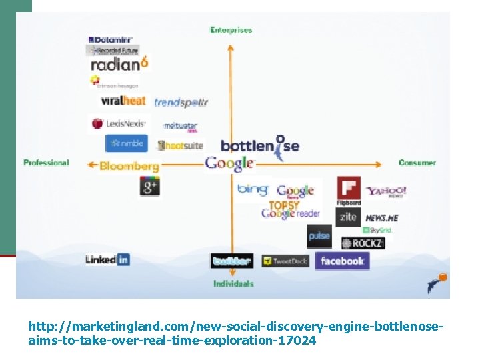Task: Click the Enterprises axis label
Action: (231, 30)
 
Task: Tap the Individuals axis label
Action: (233, 283)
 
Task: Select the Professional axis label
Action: (46, 163)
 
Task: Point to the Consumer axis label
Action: (417, 163)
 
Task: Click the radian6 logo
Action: (119, 65)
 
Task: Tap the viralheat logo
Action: (123, 101)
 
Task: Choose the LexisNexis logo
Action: (119, 123)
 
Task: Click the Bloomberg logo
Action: (129, 166)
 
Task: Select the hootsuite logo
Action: (180, 145)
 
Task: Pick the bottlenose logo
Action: (260, 146)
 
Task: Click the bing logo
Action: (253, 189)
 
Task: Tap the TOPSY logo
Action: (284, 205)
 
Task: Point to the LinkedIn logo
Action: (107, 259)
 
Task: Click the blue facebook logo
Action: (342, 261)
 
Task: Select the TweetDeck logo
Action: (285, 261)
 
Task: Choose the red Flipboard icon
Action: (349, 189)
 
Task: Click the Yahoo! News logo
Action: (385, 191)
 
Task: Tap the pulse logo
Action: (319, 236)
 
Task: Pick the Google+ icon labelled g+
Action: (149, 187)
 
